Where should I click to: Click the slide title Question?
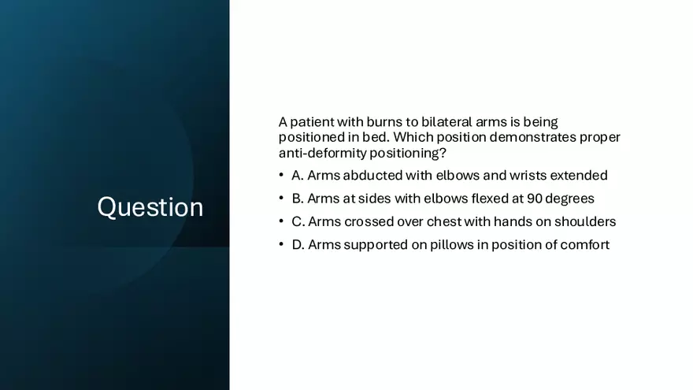point(150,207)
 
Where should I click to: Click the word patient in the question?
point(312,121)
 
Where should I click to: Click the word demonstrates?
point(532,137)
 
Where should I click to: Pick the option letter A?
point(298,176)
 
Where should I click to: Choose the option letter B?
point(297,199)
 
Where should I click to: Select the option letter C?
point(298,221)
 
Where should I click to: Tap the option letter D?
point(298,244)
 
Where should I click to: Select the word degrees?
point(569,199)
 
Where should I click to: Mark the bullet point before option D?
point(281,243)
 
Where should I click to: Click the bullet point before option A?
point(281,175)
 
